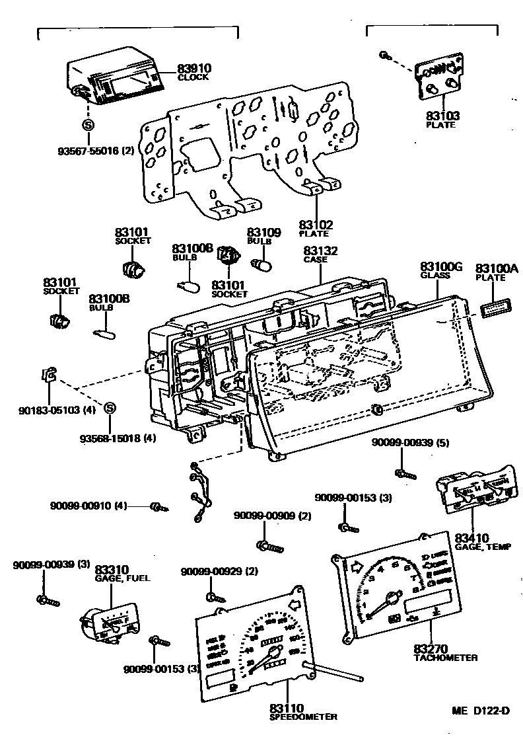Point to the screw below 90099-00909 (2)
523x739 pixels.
[269, 546]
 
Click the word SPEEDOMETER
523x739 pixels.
[303, 717]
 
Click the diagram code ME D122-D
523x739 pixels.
[481, 711]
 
